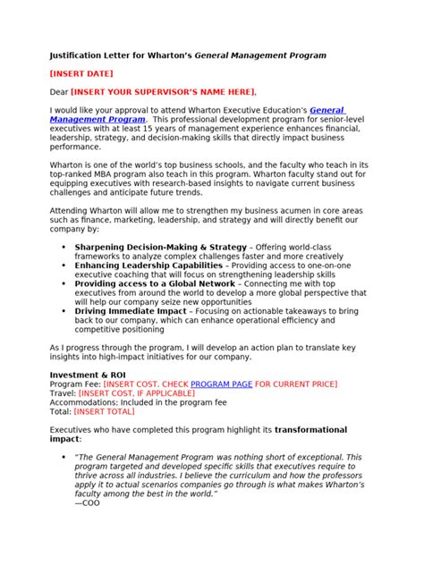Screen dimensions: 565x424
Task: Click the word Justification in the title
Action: click(81, 55)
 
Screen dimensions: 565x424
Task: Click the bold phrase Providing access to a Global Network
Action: click(157, 282)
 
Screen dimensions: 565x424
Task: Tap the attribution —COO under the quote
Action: click(89, 502)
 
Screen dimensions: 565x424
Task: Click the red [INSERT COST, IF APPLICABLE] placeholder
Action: click(136, 392)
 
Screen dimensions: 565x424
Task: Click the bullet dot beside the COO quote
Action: click(62, 457)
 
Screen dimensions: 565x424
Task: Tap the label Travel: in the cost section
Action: click(63, 392)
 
